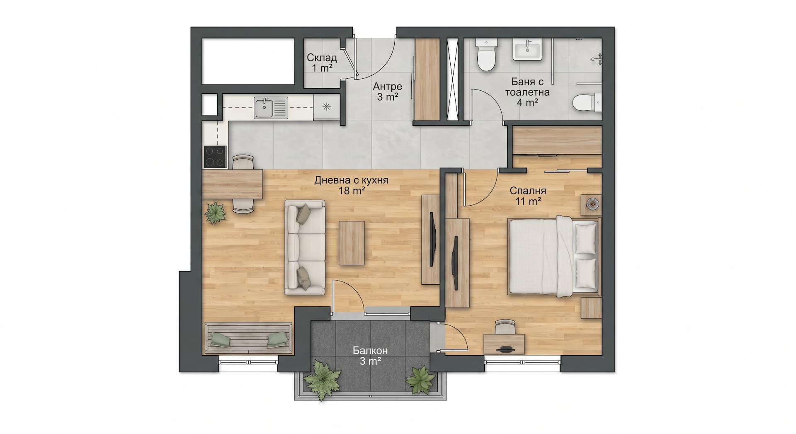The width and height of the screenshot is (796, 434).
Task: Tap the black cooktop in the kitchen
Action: [215, 157]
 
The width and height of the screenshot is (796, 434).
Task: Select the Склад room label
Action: [322, 63]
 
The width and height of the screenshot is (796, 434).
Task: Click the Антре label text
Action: [387, 92]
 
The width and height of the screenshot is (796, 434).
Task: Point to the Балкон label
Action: [370, 356]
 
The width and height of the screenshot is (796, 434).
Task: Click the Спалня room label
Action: [528, 196]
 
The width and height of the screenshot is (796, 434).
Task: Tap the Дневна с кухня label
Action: [351, 185]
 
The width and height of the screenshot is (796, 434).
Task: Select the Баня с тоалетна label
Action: [527, 92]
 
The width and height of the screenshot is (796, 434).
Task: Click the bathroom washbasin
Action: [527, 50]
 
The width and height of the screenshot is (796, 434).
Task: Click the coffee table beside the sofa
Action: [352, 243]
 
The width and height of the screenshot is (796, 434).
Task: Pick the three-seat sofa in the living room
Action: [305, 247]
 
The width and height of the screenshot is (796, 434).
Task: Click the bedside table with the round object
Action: [591, 205]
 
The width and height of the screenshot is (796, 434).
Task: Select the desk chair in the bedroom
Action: [506, 327]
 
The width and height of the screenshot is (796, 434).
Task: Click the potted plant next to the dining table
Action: [215, 213]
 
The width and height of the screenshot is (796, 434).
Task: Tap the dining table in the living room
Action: [233, 184]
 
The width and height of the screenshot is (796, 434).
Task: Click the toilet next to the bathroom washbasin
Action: [485, 56]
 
